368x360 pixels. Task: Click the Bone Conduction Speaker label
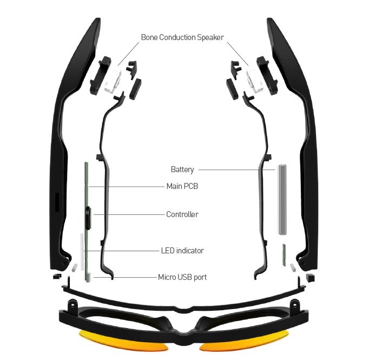[x=182, y=37]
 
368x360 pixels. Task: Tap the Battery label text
[x=182, y=169]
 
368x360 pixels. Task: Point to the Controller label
[x=182, y=214]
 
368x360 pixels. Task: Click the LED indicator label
[x=182, y=251]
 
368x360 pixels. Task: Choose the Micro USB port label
[x=182, y=277]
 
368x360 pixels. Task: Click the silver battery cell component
[x=283, y=200]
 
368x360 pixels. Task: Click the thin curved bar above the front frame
[x=184, y=297]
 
